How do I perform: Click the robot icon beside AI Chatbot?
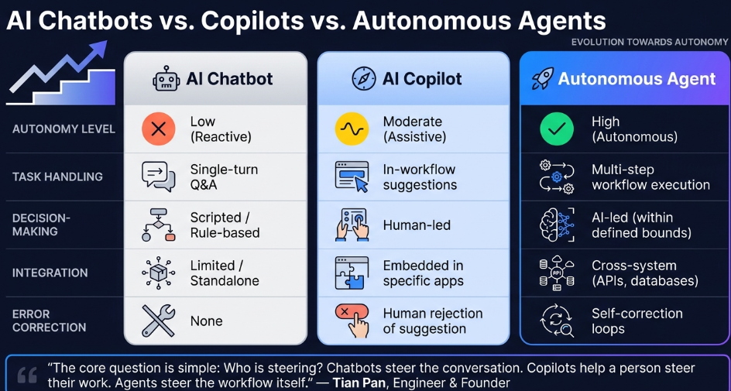tap(166, 79)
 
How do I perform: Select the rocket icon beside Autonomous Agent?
tap(542, 79)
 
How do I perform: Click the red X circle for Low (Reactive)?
tap(159, 129)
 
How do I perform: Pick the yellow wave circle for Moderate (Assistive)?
tap(352, 129)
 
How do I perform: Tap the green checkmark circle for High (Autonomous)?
tap(557, 129)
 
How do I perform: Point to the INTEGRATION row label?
tap(50, 273)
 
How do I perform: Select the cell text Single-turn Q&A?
tap(224, 177)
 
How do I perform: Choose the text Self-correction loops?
tap(637, 321)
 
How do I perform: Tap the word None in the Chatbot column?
tap(207, 321)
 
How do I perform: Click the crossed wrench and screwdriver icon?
tap(158, 321)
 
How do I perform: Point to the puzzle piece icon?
tap(352, 273)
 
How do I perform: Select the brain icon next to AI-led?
tap(557, 225)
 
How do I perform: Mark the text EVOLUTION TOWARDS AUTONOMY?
tap(650, 43)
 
